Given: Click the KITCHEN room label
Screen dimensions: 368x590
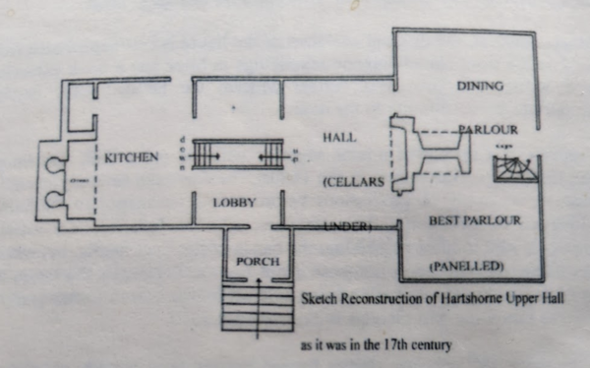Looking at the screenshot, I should (132, 157).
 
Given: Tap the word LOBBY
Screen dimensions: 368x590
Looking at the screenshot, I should (234, 203).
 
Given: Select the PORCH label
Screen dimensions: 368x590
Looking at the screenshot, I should (258, 262).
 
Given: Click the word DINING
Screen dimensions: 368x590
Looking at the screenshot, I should (480, 87).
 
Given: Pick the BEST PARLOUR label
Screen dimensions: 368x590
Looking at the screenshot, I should (474, 221).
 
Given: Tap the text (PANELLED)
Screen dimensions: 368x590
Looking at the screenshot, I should (466, 267).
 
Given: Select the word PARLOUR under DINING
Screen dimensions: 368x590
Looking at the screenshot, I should (489, 129).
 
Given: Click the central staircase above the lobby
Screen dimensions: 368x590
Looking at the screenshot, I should (236, 155).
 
